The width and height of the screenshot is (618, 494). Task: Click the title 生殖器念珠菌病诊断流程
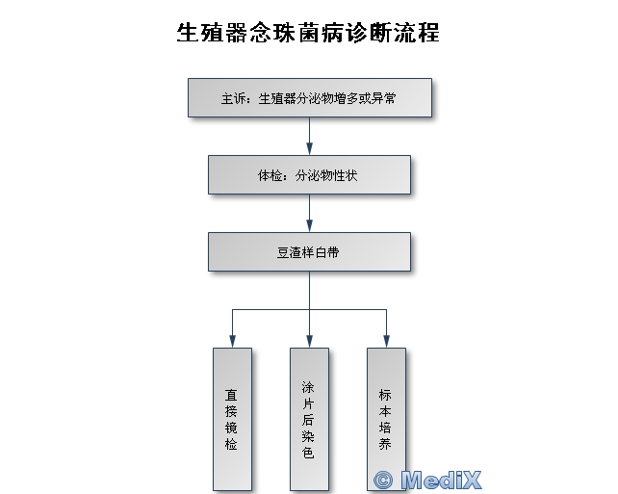click(x=308, y=33)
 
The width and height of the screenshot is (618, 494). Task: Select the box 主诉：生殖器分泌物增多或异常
click(x=310, y=98)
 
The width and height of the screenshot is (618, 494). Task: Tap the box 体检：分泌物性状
click(x=309, y=174)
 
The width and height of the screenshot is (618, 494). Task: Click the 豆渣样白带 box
click(x=309, y=252)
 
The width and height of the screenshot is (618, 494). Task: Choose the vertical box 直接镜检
click(x=233, y=419)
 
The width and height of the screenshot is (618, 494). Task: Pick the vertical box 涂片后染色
click(x=309, y=419)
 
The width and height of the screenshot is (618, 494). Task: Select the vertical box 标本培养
click(x=386, y=419)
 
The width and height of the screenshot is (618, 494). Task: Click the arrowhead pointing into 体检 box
click(x=309, y=148)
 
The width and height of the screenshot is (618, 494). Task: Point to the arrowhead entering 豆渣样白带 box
click(x=309, y=226)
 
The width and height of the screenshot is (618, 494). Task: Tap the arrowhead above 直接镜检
click(x=233, y=342)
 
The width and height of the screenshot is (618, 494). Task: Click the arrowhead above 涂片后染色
click(x=309, y=342)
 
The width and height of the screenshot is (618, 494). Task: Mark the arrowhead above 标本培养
click(x=386, y=342)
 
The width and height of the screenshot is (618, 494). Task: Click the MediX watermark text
click(x=441, y=480)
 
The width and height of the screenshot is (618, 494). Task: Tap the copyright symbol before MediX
click(x=383, y=481)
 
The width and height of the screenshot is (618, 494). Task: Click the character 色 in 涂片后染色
click(x=308, y=453)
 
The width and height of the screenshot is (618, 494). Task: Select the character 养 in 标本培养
click(x=385, y=444)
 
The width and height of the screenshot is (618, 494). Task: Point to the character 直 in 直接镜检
click(x=231, y=395)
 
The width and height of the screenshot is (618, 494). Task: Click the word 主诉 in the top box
click(x=233, y=98)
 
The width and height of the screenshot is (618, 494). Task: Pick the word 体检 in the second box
click(x=270, y=175)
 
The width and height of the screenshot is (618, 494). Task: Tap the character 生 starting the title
click(x=187, y=33)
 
